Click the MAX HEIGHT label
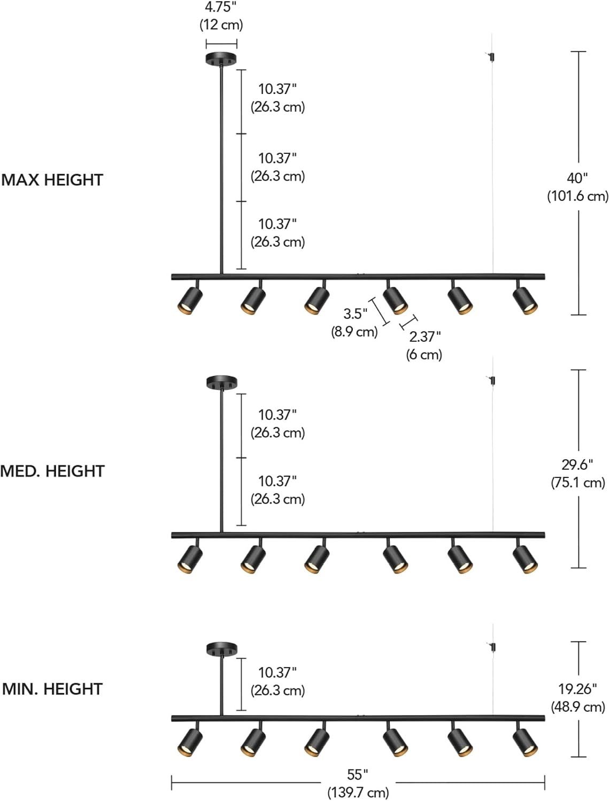click(52, 180)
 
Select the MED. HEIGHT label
click(52, 471)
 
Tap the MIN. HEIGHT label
click(52, 689)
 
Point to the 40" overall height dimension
click(577, 178)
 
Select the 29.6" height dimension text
click(577, 465)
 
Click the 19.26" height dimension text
click(577, 689)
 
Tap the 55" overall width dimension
click(357, 774)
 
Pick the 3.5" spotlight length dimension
click(355, 313)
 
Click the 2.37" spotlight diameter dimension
click(425, 337)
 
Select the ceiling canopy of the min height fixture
click(221, 648)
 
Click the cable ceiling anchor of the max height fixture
click(491, 57)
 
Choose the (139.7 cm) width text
click(358, 792)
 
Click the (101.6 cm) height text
click(577, 197)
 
